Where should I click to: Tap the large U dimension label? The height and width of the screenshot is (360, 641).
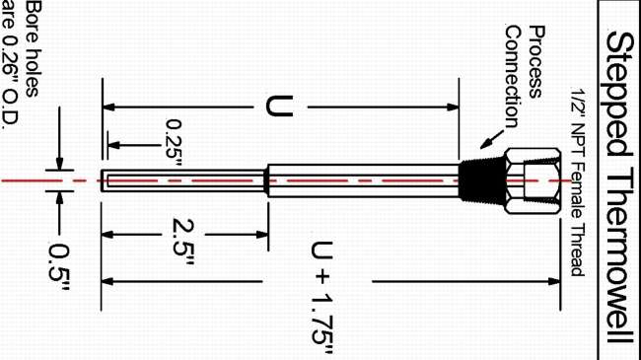click(280, 107)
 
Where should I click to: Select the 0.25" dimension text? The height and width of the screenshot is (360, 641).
click(174, 142)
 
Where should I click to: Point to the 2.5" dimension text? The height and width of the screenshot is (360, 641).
click(182, 242)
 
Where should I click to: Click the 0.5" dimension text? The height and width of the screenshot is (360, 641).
click(59, 267)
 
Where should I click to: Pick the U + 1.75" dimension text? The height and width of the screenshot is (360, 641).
click(322, 298)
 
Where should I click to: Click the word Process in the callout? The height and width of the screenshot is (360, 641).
click(536, 62)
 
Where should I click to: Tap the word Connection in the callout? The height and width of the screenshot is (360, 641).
click(512, 77)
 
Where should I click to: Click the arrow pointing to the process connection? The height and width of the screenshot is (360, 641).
click(492, 139)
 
